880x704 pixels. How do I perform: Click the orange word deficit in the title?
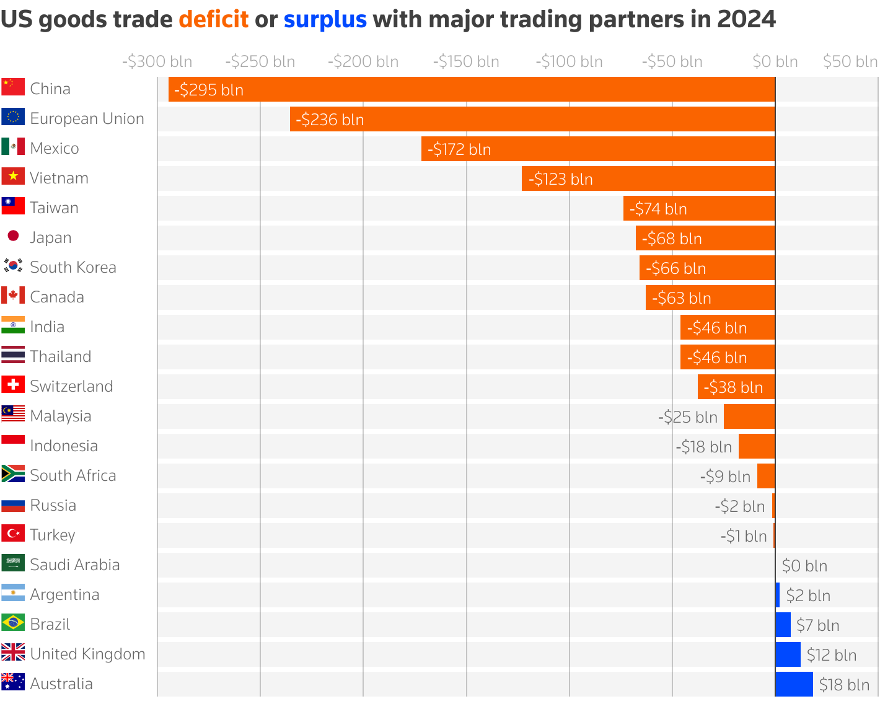pos(213,20)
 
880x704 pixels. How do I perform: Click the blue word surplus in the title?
pos(325,20)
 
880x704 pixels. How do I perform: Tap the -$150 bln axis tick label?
pos(466,62)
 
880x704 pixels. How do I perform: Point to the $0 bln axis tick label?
pos(775,62)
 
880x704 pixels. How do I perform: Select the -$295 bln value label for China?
pos(209,90)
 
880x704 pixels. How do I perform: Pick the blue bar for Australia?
pos(794,684)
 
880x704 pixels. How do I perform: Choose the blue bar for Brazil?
pos(783,625)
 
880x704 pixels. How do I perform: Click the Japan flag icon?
pos(13,236)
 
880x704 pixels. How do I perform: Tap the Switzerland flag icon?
pos(13,385)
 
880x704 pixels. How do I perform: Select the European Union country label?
pos(87,118)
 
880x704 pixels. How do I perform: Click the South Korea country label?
pos(73,267)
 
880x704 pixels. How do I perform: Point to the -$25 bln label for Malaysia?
pos(687,417)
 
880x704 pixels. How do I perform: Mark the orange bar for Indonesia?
pos(757,446)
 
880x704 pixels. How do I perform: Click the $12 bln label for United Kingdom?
pos(831,655)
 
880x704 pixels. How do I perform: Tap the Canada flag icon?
pos(13,296)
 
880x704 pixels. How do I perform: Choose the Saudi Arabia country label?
pos(74,565)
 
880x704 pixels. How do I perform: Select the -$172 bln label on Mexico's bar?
pos(459,149)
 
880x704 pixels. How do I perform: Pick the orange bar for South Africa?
pos(766,476)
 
